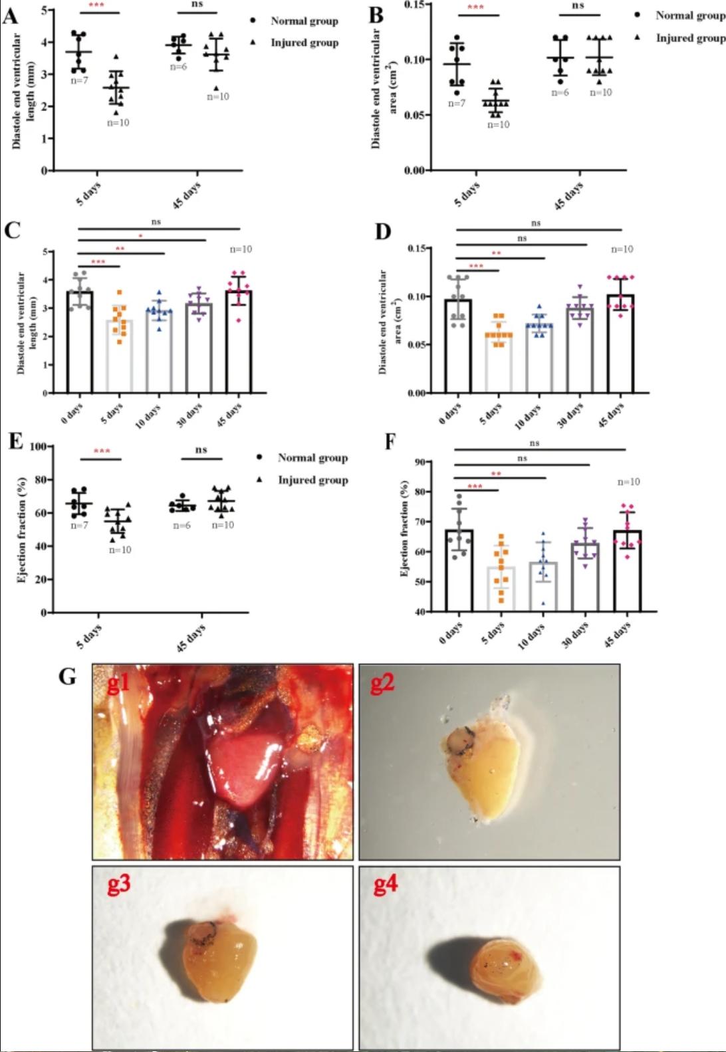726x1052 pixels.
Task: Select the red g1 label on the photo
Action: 118,684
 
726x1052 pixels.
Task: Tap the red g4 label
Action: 385,886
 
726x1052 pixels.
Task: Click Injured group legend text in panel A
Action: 304,43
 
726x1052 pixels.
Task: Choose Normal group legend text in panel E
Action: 312,458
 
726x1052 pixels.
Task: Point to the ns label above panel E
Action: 201,450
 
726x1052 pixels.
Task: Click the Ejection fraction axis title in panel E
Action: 22,530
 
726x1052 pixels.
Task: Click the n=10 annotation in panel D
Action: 622,249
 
